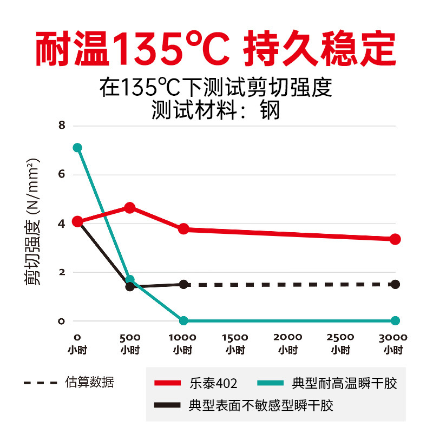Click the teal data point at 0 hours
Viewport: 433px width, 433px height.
[77, 148]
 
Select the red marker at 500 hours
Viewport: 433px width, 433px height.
[130, 208]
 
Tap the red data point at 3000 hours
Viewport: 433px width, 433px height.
[395, 239]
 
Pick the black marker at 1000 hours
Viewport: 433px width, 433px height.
[183, 284]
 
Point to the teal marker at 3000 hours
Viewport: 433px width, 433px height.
[395, 320]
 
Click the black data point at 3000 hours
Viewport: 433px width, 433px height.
[395, 284]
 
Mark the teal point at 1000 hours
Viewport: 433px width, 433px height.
[183, 320]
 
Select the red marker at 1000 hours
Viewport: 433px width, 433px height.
[183, 229]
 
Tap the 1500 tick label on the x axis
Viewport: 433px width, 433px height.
[235, 337]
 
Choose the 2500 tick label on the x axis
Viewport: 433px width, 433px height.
[341, 337]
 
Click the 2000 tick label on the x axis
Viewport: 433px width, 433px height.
[288, 337]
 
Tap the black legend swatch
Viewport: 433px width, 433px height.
[168, 405]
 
